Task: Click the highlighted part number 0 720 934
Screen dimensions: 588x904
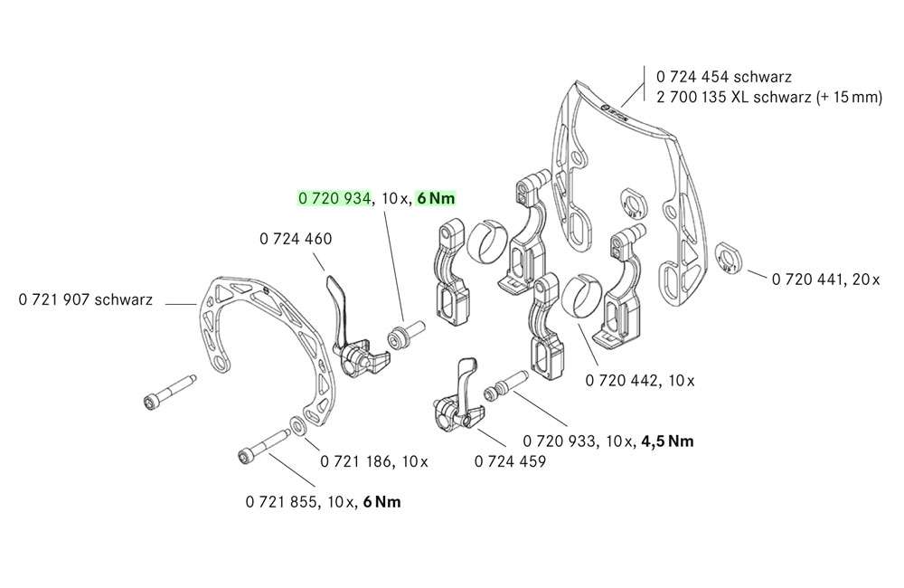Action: tap(334, 198)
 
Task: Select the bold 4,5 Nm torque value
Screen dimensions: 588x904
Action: tap(667, 441)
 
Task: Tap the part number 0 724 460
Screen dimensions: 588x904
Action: tap(295, 240)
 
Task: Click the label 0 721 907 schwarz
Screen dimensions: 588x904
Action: tap(85, 299)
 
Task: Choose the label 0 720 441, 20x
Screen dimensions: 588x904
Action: tap(825, 280)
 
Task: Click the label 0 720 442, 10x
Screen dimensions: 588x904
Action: tap(640, 380)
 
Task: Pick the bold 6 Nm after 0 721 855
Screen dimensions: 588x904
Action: tap(380, 501)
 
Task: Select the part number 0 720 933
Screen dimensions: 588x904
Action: tap(560, 441)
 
